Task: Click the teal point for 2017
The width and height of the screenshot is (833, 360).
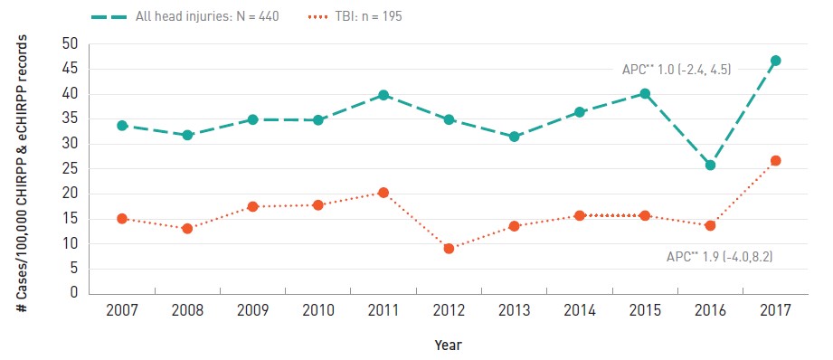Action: point(775,61)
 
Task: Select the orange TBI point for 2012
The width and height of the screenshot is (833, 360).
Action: point(449,248)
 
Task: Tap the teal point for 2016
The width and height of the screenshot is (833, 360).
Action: point(710,166)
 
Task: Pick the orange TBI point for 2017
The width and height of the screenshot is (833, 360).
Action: point(775,160)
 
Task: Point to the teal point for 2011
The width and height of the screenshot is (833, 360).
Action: point(383,95)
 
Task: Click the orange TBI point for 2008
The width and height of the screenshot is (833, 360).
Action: point(187,228)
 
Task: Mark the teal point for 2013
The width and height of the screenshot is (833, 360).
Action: point(514,137)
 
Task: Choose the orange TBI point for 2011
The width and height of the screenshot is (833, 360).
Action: point(383,193)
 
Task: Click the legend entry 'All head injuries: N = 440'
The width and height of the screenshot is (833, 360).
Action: point(185,16)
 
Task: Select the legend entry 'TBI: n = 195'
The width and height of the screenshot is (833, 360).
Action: point(355,16)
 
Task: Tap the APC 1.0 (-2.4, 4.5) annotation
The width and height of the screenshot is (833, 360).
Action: point(677,70)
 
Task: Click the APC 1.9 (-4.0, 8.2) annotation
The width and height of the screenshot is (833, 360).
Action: point(720,257)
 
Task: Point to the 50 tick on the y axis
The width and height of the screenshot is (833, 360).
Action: point(70,44)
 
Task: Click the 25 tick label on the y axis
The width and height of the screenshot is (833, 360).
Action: point(70,169)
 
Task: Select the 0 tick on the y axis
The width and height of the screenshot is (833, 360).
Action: point(74,293)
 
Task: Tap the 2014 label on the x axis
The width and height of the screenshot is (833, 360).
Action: point(580,310)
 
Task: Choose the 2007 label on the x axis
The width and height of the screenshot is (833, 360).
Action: point(122,310)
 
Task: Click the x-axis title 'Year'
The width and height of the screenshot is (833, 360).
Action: point(449,346)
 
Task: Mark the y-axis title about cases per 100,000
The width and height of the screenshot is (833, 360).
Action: point(23,173)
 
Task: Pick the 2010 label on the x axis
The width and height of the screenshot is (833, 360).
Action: point(318,310)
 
